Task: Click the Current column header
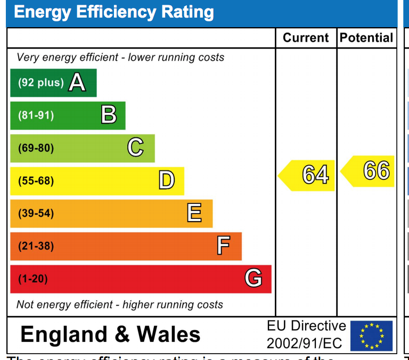[x=306, y=38]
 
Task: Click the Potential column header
[x=366, y=38]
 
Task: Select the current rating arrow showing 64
[x=308, y=175]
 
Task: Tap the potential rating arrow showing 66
[x=369, y=171]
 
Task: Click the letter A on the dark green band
[x=77, y=83]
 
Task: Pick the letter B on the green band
[x=109, y=115]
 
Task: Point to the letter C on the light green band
[x=136, y=148]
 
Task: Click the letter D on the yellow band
[x=167, y=181]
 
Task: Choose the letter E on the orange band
[x=194, y=213]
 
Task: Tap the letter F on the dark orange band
[x=224, y=246]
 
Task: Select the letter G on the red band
[x=253, y=278]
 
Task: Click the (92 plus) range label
[x=40, y=83]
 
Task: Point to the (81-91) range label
[x=36, y=116]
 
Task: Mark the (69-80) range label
[x=36, y=148]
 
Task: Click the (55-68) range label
[x=36, y=181]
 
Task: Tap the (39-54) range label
[x=36, y=214]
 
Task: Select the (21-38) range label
[x=36, y=246]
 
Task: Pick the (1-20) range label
[x=33, y=279]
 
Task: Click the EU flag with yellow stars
[x=371, y=336]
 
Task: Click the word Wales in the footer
[x=169, y=334]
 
